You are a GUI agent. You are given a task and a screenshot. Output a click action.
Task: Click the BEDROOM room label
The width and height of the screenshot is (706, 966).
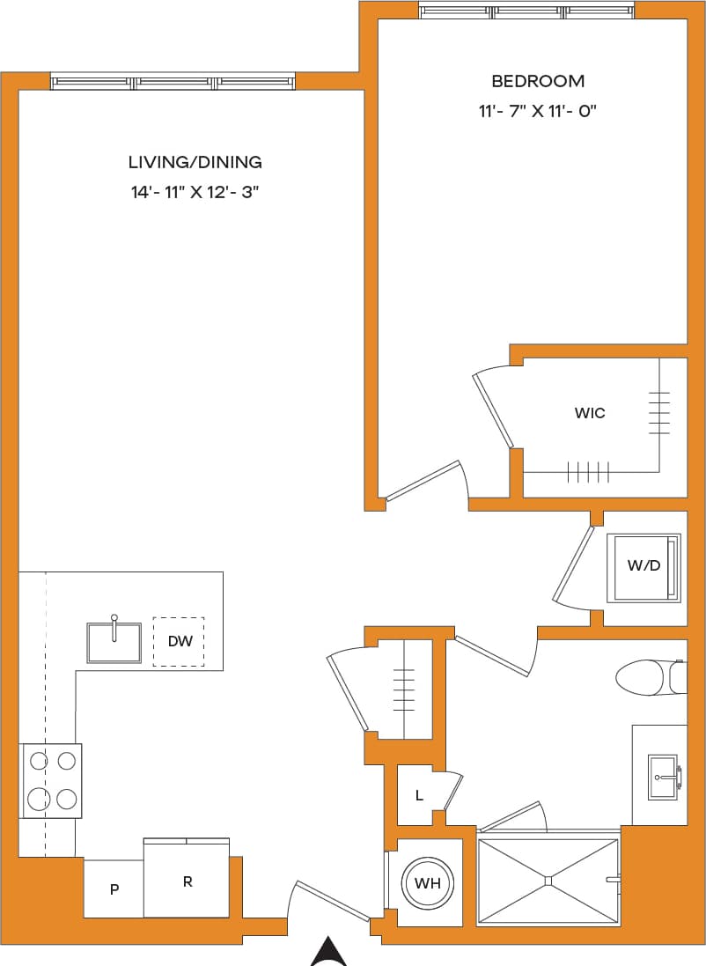coord(537,81)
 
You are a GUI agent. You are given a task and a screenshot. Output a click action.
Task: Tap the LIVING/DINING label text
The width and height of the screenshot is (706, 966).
coord(195,162)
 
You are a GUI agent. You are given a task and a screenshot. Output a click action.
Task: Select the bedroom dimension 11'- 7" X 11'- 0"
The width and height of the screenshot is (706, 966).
coord(537,111)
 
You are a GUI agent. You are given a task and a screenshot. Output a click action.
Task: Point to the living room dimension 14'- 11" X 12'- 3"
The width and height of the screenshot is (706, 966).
coord(195,192)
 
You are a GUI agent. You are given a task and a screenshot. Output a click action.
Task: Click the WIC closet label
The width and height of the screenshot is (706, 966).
coord(590,412)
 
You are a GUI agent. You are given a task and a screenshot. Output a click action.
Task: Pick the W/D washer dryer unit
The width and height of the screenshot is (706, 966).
coord(643,567)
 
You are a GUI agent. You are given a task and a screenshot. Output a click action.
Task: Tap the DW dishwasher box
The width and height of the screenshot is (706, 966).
coord(180,641)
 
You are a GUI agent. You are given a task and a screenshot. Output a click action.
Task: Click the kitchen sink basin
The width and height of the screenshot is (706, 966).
coord(114,643)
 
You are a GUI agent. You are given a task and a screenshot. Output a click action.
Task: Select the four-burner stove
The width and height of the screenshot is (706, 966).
coord(51,781)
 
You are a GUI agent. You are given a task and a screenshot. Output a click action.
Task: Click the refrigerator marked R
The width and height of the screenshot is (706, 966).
coord(187,881)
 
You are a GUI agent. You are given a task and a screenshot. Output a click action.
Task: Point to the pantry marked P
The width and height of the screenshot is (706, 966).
coord(114,889)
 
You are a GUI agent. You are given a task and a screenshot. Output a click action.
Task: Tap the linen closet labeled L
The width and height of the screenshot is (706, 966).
coord(419,795)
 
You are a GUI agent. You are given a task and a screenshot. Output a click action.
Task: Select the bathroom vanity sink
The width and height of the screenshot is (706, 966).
coord(663,777)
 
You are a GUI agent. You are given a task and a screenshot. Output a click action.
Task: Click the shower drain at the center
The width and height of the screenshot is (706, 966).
coord(548,879)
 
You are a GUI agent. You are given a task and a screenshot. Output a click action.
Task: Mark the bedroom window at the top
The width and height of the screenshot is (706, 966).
coord(526,11)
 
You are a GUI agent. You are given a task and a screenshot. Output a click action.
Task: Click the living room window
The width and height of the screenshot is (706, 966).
coord(173,83)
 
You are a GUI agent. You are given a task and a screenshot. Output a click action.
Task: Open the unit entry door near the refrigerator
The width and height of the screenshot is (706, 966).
coord(333,902)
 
